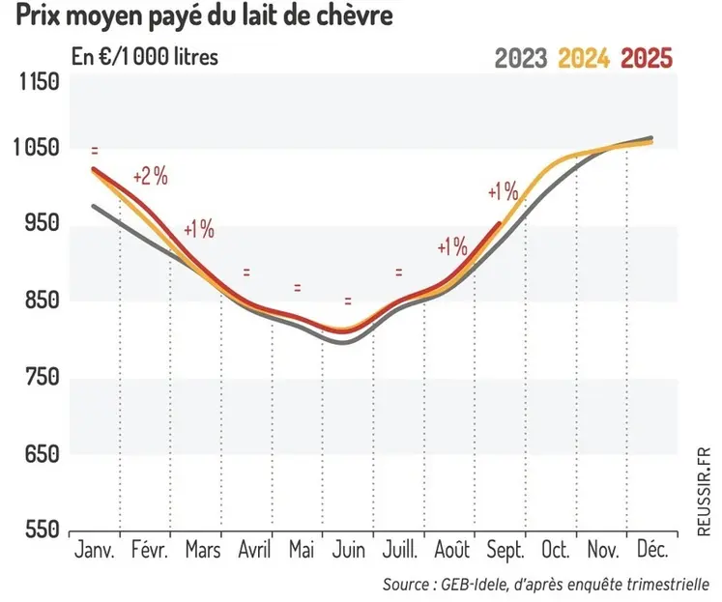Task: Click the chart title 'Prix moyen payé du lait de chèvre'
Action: (199, 18)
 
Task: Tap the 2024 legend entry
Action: (583, 58)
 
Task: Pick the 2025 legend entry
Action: (646, 58)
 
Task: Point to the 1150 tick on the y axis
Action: (40, 81)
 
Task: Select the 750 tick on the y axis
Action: (40, 377)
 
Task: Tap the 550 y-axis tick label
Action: (40, 530)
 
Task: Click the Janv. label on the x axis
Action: (94, 551)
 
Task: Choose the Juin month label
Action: (348, 551)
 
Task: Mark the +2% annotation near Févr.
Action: (151, 177)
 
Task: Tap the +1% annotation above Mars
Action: (198, 230)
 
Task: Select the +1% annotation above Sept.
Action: (503, 191)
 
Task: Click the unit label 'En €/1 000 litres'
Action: (145, 56)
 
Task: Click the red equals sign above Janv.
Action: (95, 151)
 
